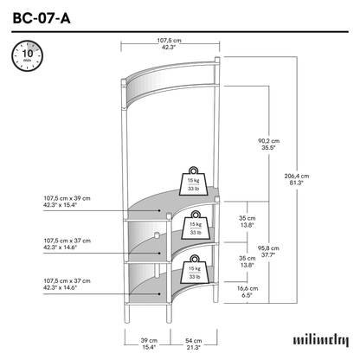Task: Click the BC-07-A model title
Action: pos(42,18)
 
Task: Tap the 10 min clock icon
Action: pos(28,56)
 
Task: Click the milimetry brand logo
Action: pos(321,340)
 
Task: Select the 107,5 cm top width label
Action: pos(169,44)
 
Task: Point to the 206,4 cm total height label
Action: pos(297,179)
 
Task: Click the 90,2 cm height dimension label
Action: pos(268,145)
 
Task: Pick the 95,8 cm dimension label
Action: pos(268,251)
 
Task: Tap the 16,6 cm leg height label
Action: pos(247,292)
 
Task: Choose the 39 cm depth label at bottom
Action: pos(149,344)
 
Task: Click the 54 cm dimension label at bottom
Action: pos(193,344)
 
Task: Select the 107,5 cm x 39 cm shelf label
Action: pos(67,202)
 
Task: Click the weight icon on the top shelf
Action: pos(193,181)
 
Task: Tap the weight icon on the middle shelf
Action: pos(196,225)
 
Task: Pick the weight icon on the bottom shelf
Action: pos(195,269)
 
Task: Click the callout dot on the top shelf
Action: pos(159,210)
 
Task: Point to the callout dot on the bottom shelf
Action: pos(159,294)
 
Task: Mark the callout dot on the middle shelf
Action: pos(159,253)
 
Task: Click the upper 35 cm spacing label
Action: pos(247,222)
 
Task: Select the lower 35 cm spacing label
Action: pos(247,261)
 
